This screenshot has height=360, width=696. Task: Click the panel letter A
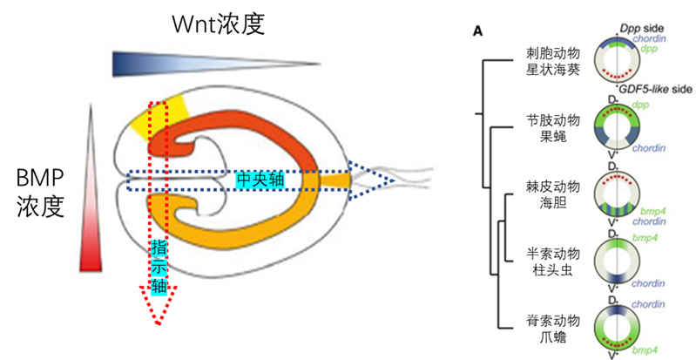point(478,32)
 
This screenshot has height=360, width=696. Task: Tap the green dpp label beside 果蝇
point(644,107)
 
